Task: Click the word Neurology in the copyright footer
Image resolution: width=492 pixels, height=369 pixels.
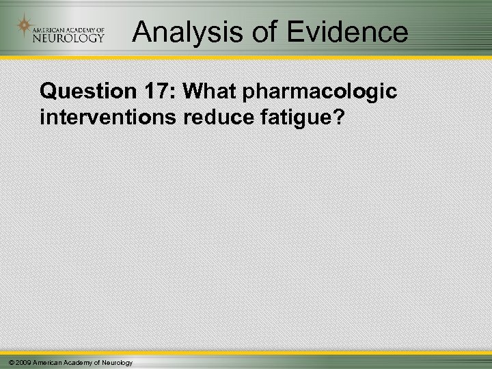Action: [116, 361]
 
